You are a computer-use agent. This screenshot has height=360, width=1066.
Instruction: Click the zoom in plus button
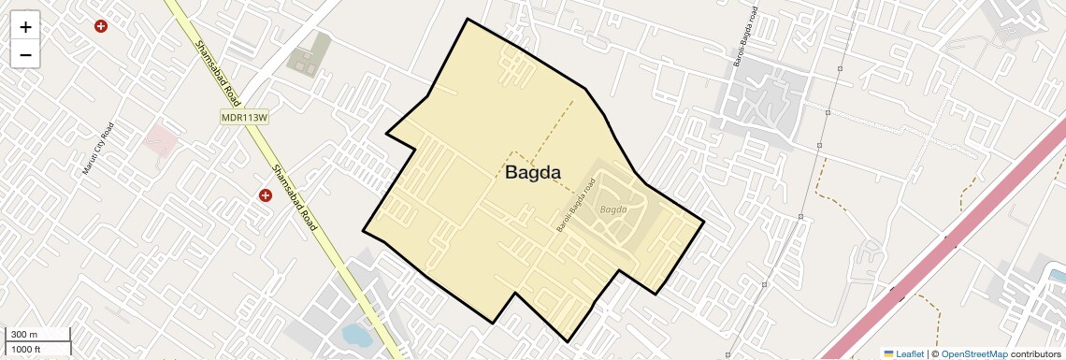click(25, 27)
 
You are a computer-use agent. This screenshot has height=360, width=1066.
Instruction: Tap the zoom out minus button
click(25, 54)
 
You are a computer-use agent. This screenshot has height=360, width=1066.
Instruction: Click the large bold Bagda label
click(533, 172)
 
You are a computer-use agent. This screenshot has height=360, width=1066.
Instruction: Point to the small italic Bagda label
click(612, 209)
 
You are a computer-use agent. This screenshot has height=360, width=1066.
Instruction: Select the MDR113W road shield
click(245, 117)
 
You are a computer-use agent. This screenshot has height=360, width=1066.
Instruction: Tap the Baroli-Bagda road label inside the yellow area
click(576, 206)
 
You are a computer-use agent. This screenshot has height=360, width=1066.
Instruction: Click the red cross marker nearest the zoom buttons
click(101, 26)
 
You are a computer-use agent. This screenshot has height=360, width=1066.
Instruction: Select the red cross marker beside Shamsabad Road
click(266, 195)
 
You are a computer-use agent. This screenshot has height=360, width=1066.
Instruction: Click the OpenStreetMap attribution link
click(974, 353)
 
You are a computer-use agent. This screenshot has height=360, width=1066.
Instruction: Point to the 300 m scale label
click(25, 334)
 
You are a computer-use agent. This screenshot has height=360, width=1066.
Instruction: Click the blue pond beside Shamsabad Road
click(355, 333)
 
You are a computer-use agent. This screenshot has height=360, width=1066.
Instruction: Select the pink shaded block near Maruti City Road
click(160, 140)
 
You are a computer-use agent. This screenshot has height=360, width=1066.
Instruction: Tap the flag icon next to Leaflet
click(888, 353)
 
